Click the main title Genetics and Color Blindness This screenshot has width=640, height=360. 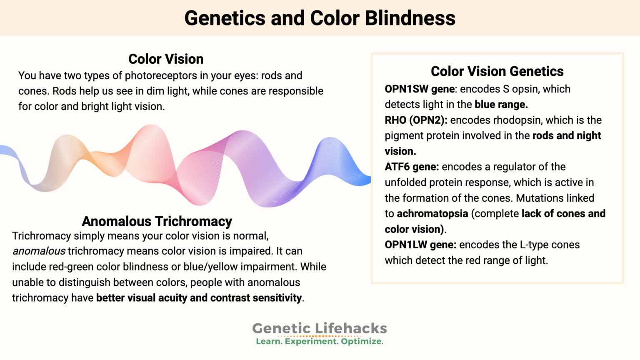pos(320,18)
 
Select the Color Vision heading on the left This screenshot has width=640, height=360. pos(166,59)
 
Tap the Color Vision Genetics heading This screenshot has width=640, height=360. pos(497,71)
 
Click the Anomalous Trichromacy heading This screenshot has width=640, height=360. pos(157,221)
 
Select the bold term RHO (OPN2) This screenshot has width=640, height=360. pos(415,120)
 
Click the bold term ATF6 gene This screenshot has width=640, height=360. pos(411,167)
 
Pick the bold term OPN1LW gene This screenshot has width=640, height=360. pos(420,245)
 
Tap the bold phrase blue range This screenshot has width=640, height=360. pos(501,105)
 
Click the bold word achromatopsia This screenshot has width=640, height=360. pos(432,214)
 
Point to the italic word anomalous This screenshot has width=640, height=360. pos(39,251)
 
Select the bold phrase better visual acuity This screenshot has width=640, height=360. pos(142,298)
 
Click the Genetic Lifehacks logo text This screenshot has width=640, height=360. pos(320,328)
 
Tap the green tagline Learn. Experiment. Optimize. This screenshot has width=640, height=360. pos(320,342)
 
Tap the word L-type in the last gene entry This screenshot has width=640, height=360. pos(534,245)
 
